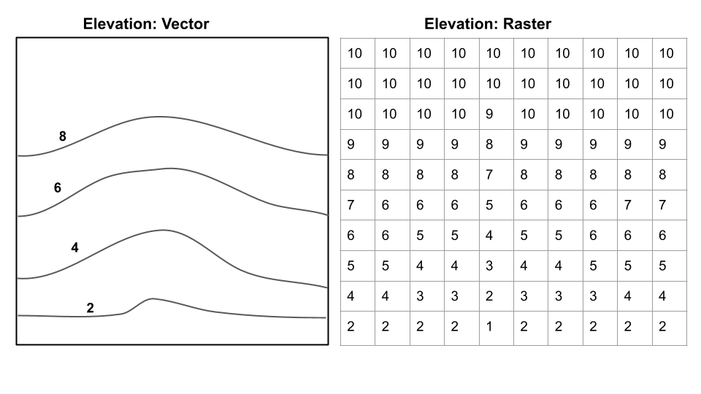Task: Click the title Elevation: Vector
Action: tap(146, 24)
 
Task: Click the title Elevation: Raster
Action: tap(488, 24)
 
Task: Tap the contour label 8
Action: tap(63, 136)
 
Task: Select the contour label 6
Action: tap(58, 188)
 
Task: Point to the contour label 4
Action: tap(74, 248)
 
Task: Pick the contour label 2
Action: tap(90, 308)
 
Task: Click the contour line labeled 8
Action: tap(161, 117)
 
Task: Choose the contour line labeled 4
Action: tap(164, 231)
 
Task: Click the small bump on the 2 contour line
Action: tap(151, 299)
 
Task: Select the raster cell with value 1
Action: tap(489, 327)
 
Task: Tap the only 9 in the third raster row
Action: tap(489, 114)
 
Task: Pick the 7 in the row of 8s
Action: tap(489, 175)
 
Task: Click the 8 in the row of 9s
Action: tap(489, 144)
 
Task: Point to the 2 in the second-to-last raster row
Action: tap(489, 296)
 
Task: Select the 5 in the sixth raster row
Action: tap(489, 206)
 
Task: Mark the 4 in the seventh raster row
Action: tap(489, 236)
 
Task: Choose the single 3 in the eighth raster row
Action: tap(489, 266)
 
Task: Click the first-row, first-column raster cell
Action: tap(356, 53)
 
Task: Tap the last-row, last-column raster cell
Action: tap(663, 327)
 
